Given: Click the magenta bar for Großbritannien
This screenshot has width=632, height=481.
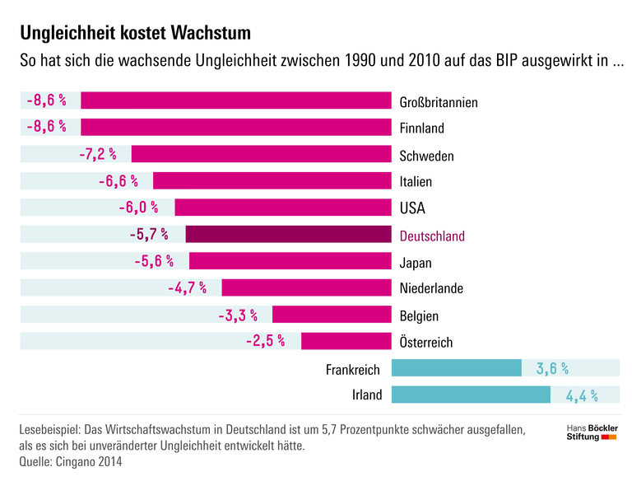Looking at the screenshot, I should tap(235, 101).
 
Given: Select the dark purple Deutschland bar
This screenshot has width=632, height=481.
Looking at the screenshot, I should tap(287, 235).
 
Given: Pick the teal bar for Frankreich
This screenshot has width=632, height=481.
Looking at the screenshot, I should tap(457, 368).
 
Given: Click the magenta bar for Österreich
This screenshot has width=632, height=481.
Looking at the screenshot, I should tap(345, 341).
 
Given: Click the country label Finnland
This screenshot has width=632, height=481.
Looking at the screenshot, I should tap(421, 128).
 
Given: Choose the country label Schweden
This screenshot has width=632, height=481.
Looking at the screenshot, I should tap(426, 156).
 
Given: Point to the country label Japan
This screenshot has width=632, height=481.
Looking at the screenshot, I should tap(416, 263).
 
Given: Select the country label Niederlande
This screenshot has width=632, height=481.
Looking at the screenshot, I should tap(431, 289).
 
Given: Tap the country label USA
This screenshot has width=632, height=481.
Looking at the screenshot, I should tap(412, 208).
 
